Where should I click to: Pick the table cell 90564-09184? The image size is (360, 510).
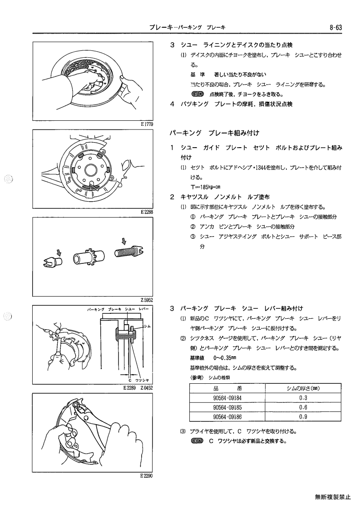[227, 398]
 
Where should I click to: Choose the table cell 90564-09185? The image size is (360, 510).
[227, 407]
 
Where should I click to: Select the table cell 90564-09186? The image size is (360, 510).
[227, 416]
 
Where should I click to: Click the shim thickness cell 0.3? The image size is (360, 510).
[303, 398]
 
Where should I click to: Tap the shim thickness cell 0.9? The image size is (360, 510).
[303, 416]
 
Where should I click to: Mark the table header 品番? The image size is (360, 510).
[227, 388]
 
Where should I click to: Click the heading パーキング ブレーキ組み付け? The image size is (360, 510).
[214, 133]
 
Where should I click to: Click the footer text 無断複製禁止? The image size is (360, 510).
[333, 497]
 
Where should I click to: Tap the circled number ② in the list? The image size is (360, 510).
[192, 227]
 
